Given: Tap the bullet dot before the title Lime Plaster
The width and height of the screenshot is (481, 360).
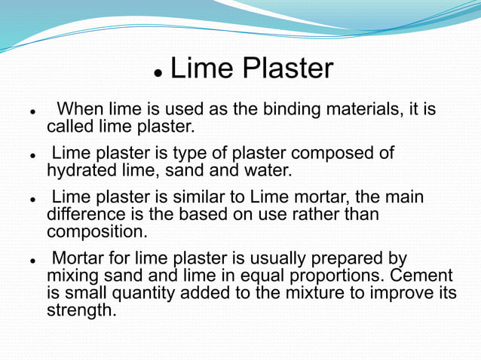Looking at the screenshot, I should pos(158,73).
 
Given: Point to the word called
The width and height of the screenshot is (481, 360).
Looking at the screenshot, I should pos(71,126).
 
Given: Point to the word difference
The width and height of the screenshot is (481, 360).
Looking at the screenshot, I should pos(87,215).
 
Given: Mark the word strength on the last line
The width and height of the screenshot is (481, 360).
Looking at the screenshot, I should pos(81,310).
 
